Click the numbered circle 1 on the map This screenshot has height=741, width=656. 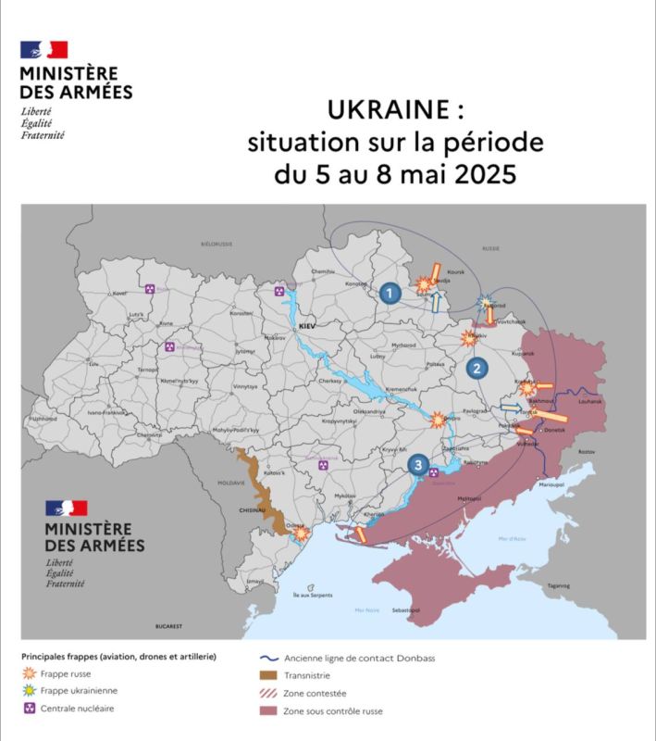pyautogui.click(x=390, y=294)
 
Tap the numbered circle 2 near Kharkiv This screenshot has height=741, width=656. pyautogui.click(x=477, y=369)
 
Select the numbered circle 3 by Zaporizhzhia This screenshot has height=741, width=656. pyautogui.click(x=419, y=465)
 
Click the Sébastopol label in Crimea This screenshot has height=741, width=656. pyautogui.click(x=406, y=610)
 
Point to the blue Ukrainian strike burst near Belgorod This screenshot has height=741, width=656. pyautogui.click(x=485, y=301)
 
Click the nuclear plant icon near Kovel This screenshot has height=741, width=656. pyautogui.click(x=149, y=290)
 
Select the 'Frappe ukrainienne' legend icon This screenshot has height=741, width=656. pyautogui.click(x=30, y=690)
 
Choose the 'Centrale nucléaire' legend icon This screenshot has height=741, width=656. pyautogui.click(x=30, y=708)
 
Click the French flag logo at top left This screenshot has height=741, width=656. pyautogui.click(x=43, y=50)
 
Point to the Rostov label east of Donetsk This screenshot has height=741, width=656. pyautogui.click(x=585, y=451)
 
